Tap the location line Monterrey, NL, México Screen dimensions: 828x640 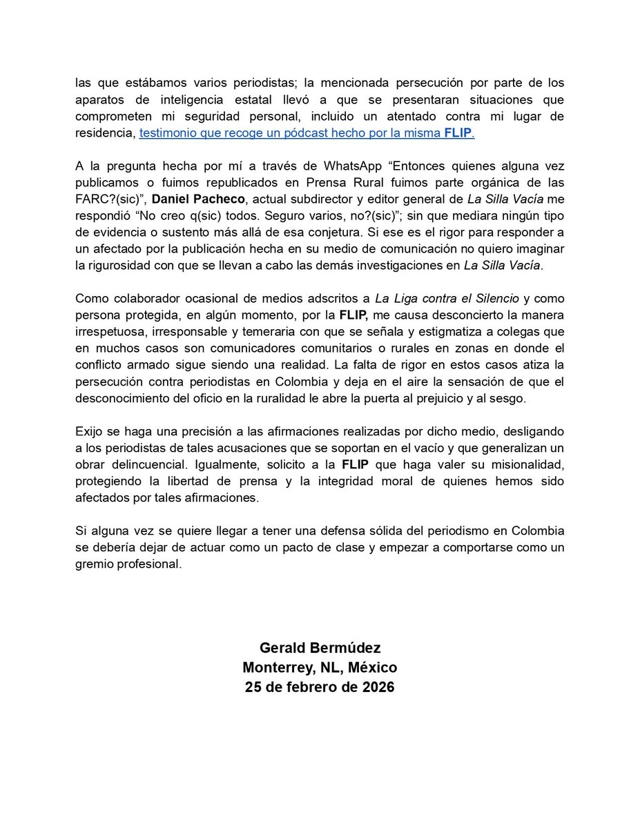point(320,668)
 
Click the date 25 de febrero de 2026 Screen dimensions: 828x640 point(320,688)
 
